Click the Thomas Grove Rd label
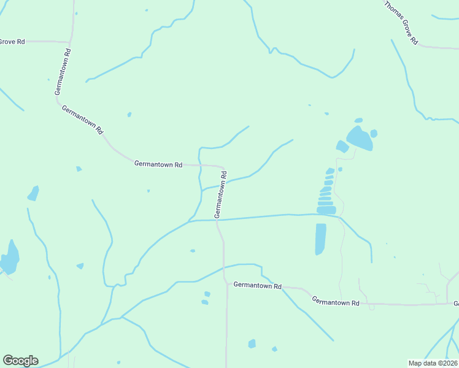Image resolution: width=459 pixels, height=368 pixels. tap(401, 23)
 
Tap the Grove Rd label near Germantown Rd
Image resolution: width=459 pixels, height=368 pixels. tap(12, 42)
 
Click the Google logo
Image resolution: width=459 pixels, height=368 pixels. tap(20, 361)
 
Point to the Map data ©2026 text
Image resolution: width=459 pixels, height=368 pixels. tap(433, 363)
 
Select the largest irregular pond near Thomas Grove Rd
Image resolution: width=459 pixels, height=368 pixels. tap(359, 139)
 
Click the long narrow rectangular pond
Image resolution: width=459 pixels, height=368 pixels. tap(320, 239)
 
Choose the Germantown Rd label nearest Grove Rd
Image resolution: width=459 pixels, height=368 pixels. tap(63, 72)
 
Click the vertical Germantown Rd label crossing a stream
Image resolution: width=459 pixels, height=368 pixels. tap(220, 194)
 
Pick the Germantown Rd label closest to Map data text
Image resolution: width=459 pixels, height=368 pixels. tap(335, 302)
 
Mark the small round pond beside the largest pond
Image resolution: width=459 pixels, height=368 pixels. tap(374, 133)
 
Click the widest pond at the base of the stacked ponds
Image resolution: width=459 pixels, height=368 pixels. tap(326, 210)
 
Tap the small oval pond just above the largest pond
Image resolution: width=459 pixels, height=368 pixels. tap(358, 120)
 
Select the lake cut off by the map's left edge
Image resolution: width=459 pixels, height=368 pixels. tap(10, 258)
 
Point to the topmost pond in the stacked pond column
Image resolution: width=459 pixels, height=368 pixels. tap(330, 171)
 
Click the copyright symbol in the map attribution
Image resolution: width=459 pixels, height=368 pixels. tap(437, 363)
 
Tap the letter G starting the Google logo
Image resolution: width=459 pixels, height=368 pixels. tap(8, 361)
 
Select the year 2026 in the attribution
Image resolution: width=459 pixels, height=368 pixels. tap(447, 363)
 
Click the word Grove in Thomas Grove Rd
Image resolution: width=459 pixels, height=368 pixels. tap(406, 28)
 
